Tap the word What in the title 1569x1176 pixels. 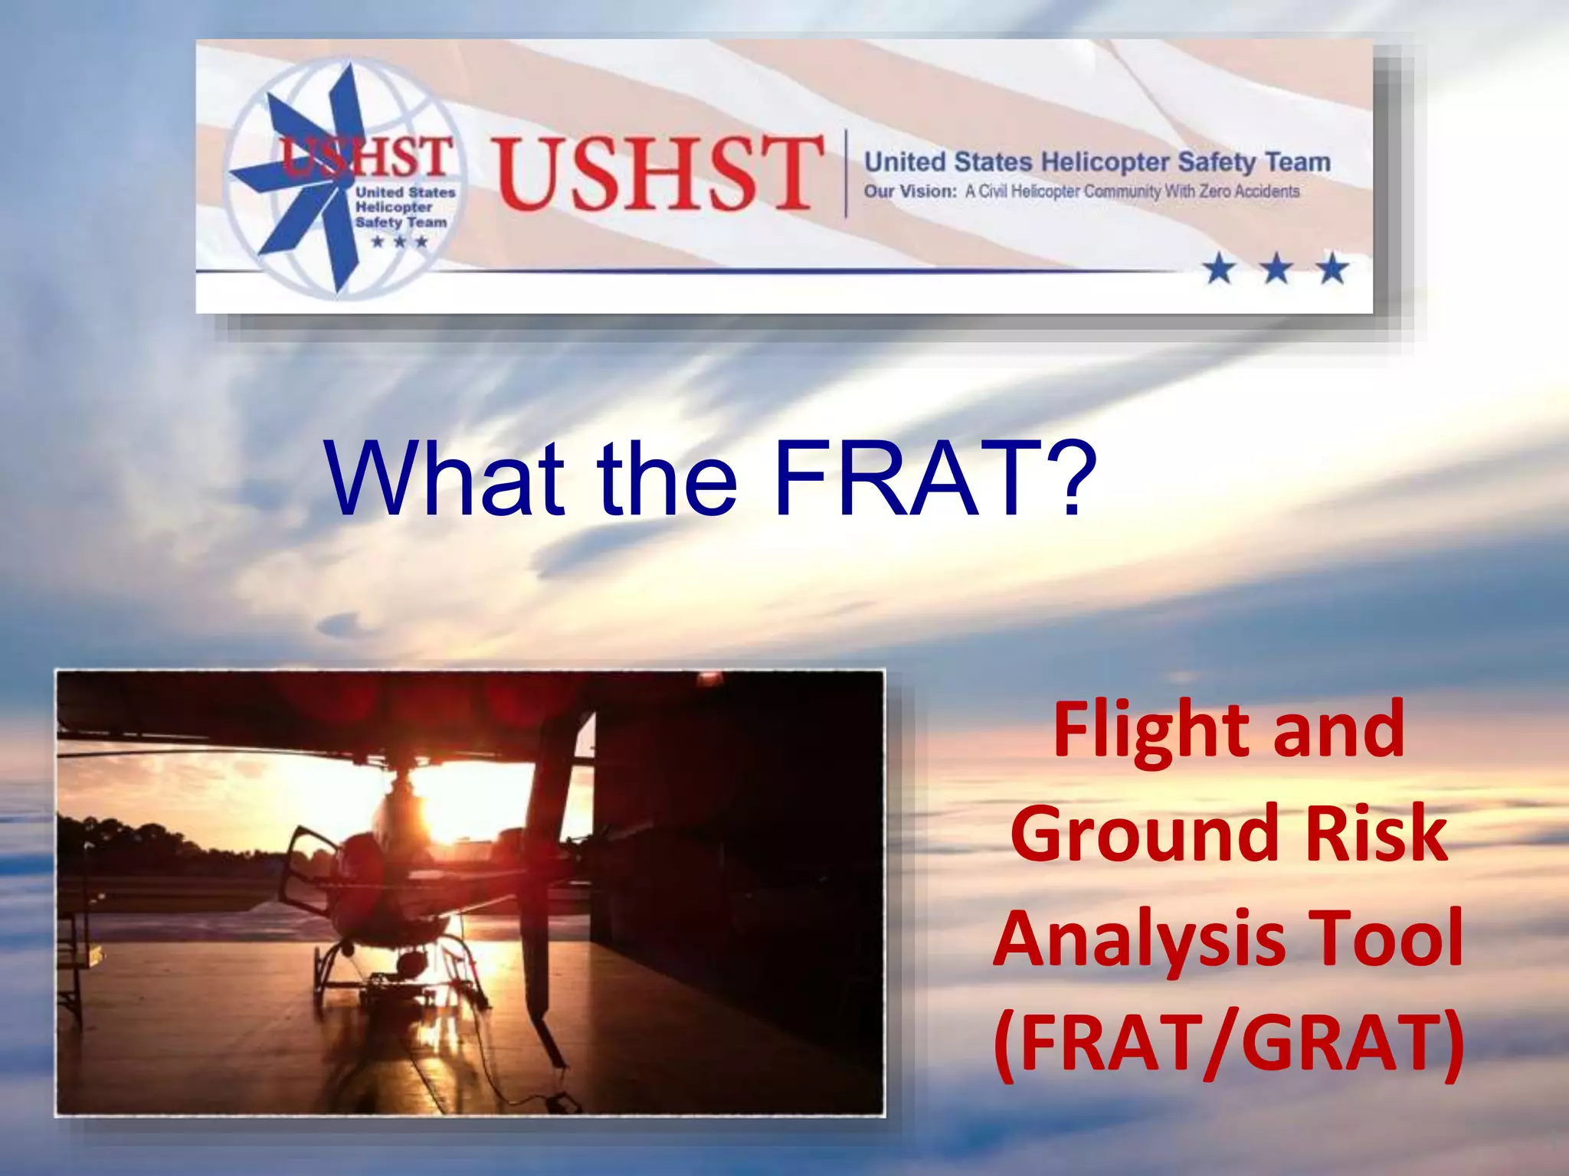(x=444, y=479)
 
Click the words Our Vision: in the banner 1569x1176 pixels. (x=910, y=191)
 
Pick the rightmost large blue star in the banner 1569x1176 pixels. (x=1333, y=269)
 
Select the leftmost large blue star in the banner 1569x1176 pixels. (x=1220, y=269)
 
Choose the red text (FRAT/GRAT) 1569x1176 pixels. (x=1229, y=1044)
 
